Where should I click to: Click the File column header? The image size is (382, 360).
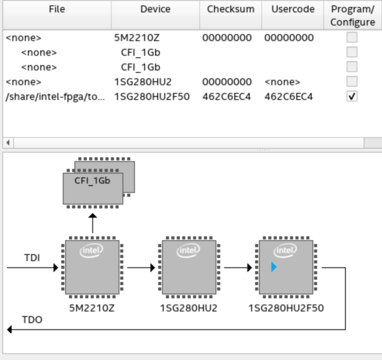(x=57, y=9)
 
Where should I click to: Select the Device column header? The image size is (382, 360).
(x=155, y=9)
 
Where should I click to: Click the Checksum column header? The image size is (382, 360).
(x=231, y=9)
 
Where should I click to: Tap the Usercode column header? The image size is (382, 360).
(x=293, y=9)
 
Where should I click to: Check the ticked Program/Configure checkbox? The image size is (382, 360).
(x=352, y=97)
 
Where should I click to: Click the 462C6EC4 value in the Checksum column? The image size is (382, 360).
(x=226, y=97)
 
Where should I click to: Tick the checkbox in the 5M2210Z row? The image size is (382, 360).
(x=352, y=38)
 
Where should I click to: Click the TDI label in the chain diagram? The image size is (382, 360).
(x=33, y=257)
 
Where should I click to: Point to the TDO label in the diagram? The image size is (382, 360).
(x=33, y=320)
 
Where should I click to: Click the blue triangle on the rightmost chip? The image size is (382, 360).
(x=274, y=267)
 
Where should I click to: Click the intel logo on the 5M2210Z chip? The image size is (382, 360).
(x=92, y=251)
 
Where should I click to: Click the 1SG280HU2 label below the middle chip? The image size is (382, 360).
(x=189, y=308)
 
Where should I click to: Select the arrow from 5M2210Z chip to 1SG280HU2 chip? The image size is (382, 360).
(x=141, y=268)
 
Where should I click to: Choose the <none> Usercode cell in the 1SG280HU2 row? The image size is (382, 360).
(x=282, y=82)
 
